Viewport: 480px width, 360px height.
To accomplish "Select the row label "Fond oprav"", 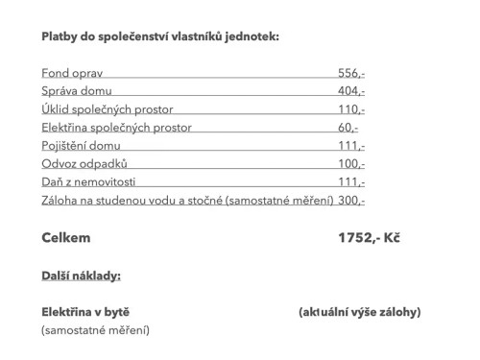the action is [72, 73].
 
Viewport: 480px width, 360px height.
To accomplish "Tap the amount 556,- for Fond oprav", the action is [351, 73].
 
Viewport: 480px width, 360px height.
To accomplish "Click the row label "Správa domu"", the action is [77, 91].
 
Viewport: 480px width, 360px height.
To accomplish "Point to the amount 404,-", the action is [351, 91].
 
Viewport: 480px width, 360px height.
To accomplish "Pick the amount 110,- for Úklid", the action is [351, 109].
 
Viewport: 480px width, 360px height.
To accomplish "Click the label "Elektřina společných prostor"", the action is [117, 128].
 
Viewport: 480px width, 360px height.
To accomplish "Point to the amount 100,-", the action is [351, 164].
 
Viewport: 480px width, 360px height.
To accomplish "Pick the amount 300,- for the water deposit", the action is [351, 201].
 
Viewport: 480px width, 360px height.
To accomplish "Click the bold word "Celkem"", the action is [66, 237].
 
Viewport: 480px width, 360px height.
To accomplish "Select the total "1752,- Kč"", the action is [370, 237].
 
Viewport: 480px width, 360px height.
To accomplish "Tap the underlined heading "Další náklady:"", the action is [81, 275].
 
